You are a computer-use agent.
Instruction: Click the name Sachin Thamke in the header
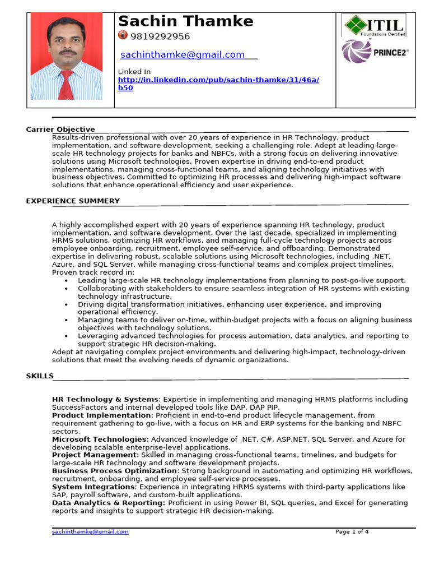click(x=186, y=21)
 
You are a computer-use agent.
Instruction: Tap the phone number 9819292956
click(x=160, y=36)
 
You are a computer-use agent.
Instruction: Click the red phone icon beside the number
click(x=123, y=35)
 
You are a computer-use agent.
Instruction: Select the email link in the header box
click(x=183, y=54)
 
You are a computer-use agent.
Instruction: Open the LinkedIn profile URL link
click(x=218, y=80)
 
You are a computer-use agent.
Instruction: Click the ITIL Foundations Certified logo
click(x=373, y=25)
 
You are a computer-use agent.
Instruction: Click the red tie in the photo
click(x=66, y=84)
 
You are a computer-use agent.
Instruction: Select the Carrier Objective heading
click(x=60, y=129)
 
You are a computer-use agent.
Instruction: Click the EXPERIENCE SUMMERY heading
click(x=73, y=201)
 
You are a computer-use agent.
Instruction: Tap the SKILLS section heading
click(x=40, y=376)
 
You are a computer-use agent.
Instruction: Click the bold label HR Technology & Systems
click(x=106, y=400)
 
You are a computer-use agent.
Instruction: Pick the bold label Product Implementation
click(x=102, y=415)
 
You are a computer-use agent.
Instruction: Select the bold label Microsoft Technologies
click(x=100, y=439)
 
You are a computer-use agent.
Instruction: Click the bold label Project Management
click(x=94, y=455)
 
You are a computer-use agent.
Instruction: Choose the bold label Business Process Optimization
click(x=114, y=471)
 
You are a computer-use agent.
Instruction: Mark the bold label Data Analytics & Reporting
click(x=108, y=503)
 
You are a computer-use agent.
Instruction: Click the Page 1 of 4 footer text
click(x=352, y=531)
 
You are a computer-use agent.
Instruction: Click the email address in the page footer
click(x=90, y=531)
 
